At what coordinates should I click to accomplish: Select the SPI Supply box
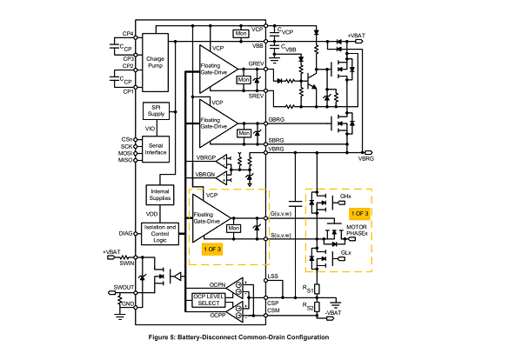[157, 111]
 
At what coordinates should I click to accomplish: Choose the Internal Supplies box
[159, 195]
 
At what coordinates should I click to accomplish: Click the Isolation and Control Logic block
[159, 233]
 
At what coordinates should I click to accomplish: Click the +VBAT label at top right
[357, 35]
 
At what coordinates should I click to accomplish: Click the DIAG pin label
[125, 233]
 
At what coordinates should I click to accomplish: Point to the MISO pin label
[127, 160]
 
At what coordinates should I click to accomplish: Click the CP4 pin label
[127, 35]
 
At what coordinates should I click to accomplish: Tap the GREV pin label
[257, 63]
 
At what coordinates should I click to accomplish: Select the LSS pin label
[273, 277]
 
